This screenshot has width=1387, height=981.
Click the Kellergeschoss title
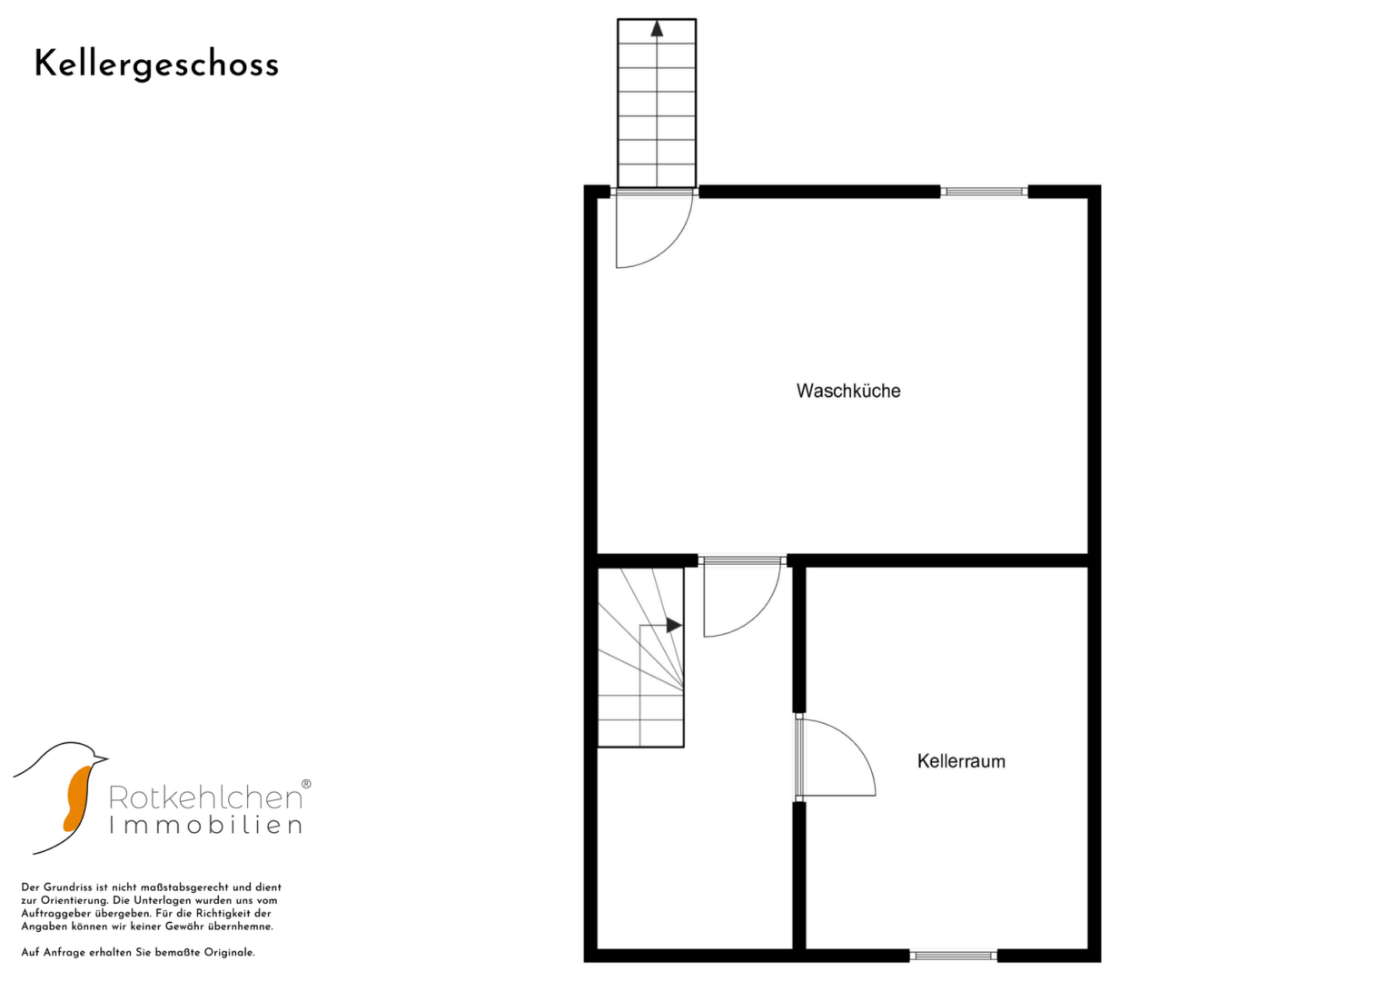(x=156, y=65)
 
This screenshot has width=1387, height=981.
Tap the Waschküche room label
(x=848, y=391)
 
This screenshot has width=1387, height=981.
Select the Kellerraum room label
(x=961, y=761)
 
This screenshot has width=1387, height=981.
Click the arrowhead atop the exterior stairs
(x=657, y=28)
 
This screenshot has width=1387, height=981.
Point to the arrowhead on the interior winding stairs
(x=674, y=626)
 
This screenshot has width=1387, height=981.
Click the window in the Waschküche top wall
(x=984, y=192)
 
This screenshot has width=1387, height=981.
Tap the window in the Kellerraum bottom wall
(x=953, y=956)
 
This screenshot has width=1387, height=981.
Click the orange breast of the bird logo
(x=77, y=799)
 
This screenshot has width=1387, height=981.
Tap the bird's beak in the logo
(x=101, y=758)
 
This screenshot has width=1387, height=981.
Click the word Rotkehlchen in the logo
(x=205, y=798)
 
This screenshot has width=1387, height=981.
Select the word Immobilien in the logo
(x=205, y=826)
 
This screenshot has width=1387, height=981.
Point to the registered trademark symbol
(x=306, y=784)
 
